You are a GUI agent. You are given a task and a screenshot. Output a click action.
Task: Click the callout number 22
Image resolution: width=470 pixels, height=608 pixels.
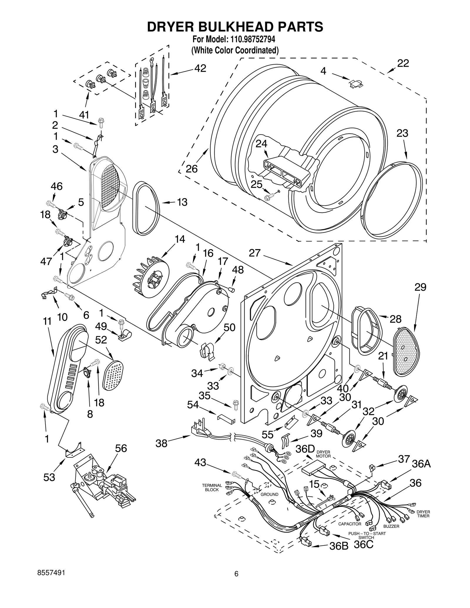tap(403, 63)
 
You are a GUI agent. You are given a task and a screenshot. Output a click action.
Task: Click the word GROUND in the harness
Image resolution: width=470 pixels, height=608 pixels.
tap(269, 494)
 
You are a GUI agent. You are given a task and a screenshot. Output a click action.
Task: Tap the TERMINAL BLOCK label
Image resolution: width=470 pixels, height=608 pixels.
tap(212, 487)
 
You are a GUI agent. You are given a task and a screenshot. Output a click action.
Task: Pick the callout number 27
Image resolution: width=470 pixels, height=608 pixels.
tap(254, 253)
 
